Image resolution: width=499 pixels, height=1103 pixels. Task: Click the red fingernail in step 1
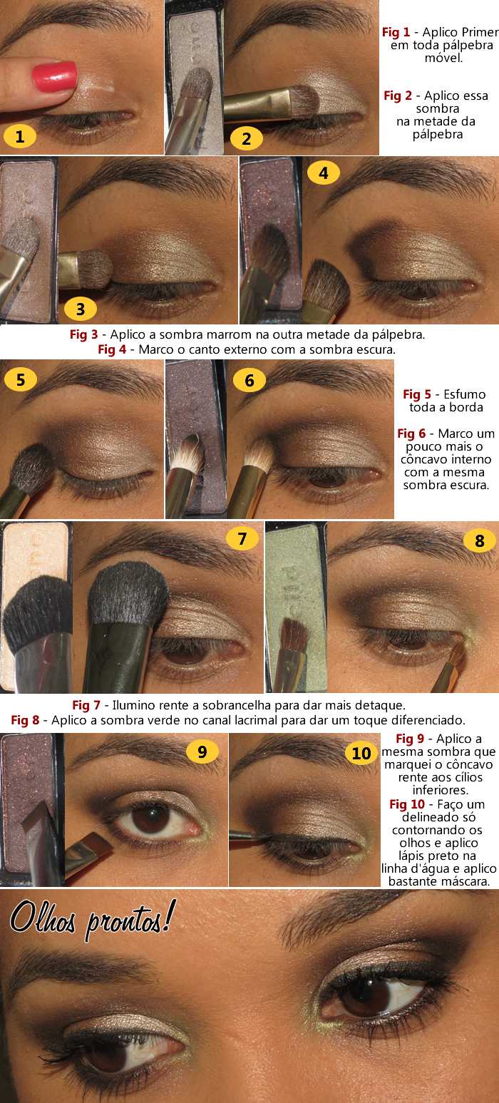[x=55, y=76]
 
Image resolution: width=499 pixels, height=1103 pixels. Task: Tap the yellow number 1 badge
[x=20, y=136]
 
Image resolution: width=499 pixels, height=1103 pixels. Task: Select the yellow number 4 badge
[x=324, y=173]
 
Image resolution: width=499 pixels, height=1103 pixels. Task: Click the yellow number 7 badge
[x=242, y=539]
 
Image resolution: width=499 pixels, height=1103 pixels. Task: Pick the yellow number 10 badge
[x=361, y=753]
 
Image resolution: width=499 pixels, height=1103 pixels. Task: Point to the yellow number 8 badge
[x=479, y=540]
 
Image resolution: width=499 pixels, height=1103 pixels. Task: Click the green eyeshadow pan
[x=296, y=605]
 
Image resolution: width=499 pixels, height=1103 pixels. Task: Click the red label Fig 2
[x=398, y=96]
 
